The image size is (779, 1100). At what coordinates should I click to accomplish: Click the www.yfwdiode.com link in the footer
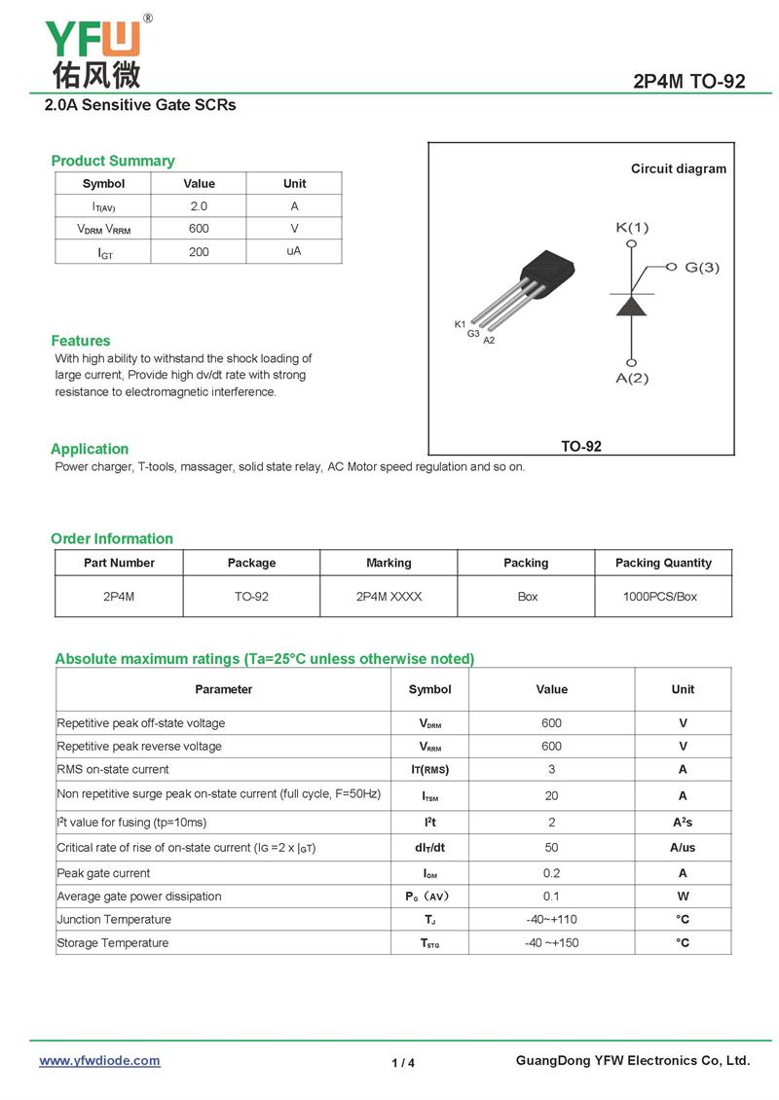[99, 1060]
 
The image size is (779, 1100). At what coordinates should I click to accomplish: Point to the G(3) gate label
[701, 267]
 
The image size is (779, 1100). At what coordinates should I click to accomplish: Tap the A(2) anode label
[631, 378]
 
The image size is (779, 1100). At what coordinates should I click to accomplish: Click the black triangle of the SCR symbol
[632, 305]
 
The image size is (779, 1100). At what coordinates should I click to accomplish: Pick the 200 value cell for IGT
[199, 252]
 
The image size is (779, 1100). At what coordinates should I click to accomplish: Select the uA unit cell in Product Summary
[293, 251]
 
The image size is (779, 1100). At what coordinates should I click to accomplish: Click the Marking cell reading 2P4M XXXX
[389, 596]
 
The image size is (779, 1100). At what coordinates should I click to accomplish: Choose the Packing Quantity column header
[663, 563]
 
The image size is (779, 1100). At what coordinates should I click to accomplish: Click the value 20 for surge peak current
[551, 795]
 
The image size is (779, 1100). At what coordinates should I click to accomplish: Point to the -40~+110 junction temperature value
[551, 919]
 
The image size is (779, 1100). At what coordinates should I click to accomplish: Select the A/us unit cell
[683, 847]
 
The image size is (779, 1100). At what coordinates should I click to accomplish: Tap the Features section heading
[81, 341]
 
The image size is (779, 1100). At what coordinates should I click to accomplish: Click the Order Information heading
[112, 538]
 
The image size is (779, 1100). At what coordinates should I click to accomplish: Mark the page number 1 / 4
[403, 1063]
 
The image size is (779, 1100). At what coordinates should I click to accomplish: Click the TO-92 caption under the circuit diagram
[581, 446]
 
